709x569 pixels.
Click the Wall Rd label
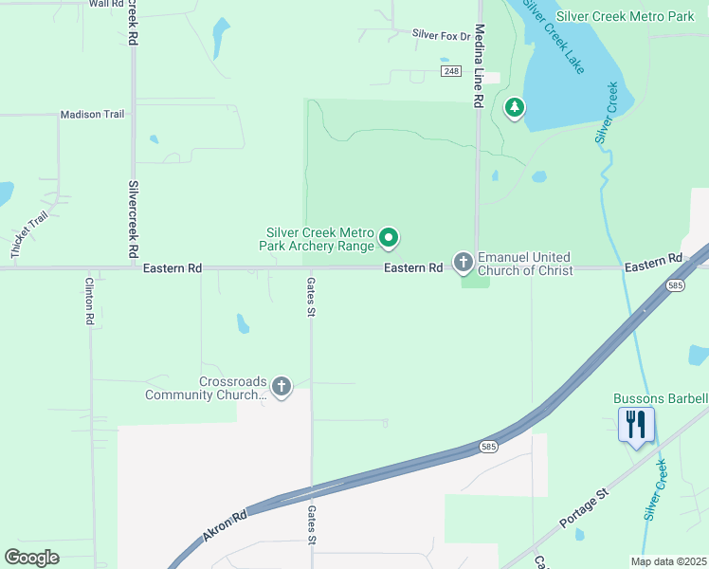105,4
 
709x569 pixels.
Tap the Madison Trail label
92,115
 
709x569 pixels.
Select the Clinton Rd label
89,302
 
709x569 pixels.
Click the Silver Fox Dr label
441,35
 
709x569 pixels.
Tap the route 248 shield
450,71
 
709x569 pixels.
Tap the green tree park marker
515,108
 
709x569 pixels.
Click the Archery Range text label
318,239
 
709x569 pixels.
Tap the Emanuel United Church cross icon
463,261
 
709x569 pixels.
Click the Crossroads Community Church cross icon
281,386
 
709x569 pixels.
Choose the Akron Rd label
225,524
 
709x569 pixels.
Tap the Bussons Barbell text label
660,399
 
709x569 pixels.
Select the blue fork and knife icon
636,424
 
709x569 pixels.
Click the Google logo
31,558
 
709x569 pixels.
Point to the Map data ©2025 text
668,561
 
